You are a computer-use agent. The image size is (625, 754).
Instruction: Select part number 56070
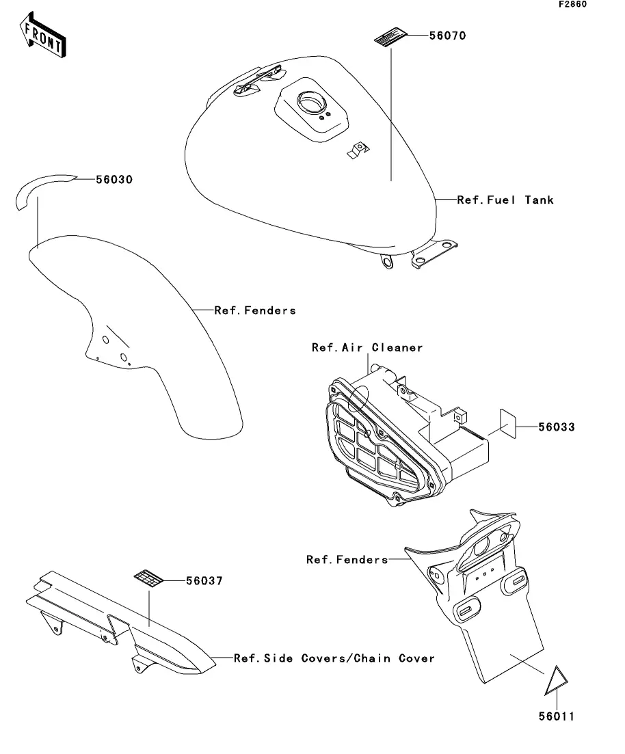click(x=447, y=36)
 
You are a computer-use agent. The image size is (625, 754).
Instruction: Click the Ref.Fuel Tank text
click(x=505, y=200)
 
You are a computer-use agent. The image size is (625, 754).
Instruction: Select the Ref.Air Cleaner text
click(x=367, y=348)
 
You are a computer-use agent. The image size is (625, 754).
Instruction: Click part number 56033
click(x=556, y=427)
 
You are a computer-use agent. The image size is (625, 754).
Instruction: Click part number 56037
click(x=204, y=581)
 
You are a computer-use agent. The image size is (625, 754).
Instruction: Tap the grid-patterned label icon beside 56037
click(x=148, y=578)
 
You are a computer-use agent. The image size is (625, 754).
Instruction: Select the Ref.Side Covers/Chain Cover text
click(x=334, y=658)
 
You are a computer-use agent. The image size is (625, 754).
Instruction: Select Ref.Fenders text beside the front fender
click(x=255, y=310)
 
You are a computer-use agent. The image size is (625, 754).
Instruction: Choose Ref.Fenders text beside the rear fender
click(x=347, y=560)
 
